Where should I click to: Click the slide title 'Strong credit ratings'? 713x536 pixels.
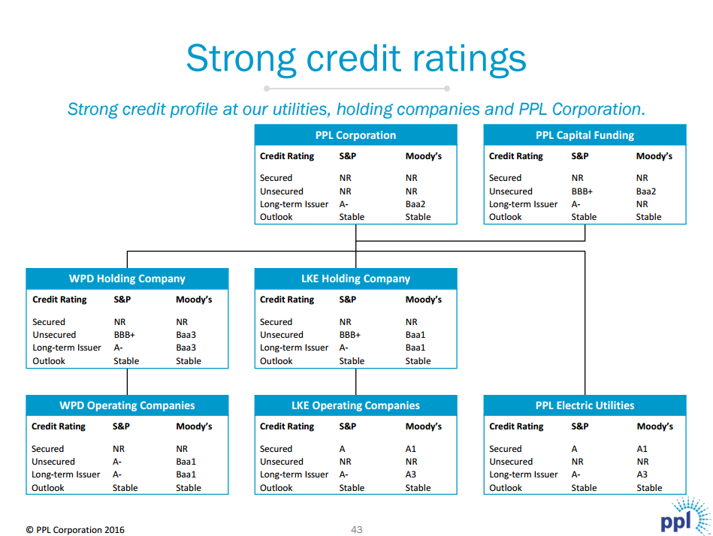(355, 59)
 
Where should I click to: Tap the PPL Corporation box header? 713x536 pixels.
(355, 136)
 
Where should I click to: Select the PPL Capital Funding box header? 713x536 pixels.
(585, 136)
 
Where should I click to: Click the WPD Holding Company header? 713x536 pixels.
(127, 279)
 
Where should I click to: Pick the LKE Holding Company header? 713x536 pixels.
(355, 279)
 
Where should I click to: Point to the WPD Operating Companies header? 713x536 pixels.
(127, 405)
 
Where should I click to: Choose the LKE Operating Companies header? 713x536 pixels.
(355, 405)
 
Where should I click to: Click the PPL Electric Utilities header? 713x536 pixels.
(585, 405)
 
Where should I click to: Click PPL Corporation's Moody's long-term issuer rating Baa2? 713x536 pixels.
(415, 204)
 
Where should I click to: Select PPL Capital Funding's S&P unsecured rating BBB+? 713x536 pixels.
(582, 191)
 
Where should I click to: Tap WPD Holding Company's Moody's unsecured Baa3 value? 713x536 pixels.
(186, 335)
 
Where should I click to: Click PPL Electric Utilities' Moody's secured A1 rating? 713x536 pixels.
(642, 449)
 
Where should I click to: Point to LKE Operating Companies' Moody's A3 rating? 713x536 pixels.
(411, 474)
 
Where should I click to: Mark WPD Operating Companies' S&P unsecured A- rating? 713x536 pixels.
(117, 462)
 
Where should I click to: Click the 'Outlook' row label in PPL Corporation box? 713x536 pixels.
(276, 217)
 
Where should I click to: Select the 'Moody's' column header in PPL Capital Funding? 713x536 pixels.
(654, 156)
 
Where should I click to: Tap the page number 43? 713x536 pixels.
(357, 530)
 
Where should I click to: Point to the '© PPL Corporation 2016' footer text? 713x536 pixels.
(75, 530)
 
